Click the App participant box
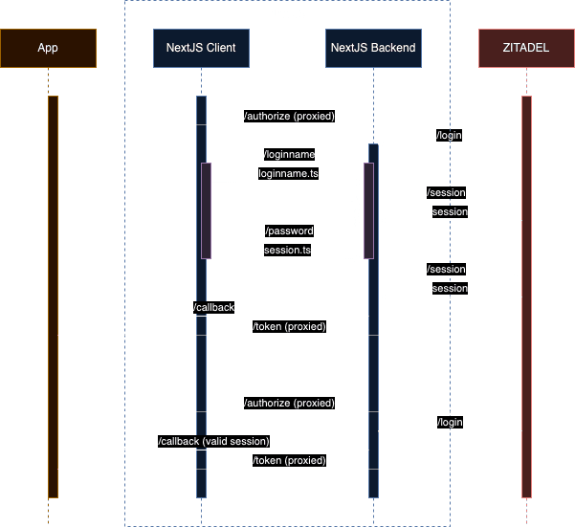pos(48,48)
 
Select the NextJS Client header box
pos(201,48)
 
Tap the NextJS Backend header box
pos(373,48)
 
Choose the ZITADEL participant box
pos(526,48)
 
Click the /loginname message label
pos(288,154)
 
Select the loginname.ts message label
pos(288,174)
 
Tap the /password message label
pos(288,231)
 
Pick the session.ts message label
pos(288,251)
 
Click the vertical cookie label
pos(357,210)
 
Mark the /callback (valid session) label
pos(213,441)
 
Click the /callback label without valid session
pos(213,307)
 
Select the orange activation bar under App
pos(53,296)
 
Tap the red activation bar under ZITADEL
pos(526,296)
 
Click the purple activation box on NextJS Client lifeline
pos(206,210)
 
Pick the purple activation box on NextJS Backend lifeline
pos(368,210)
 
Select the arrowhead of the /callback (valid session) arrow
pos(62,450)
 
